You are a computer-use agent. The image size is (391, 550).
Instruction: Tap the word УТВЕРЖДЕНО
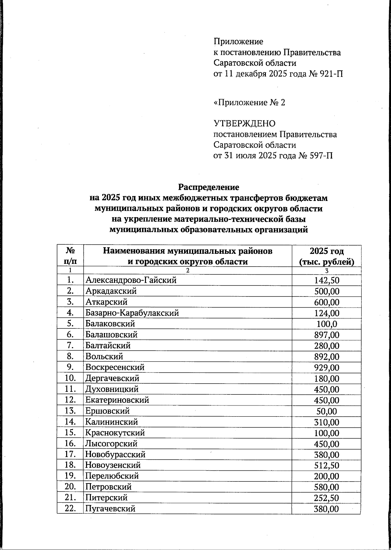click(244, 124)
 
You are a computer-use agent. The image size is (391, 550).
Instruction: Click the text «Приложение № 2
click(249, 103)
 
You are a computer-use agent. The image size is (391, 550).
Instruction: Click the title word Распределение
click(209, 187)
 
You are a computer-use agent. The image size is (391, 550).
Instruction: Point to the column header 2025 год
click(326, 251)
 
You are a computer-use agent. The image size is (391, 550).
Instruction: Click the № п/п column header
click(70, 256)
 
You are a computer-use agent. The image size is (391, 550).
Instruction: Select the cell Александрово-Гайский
click(131, 280)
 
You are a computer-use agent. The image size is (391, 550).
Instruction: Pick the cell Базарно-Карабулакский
click(132, 313)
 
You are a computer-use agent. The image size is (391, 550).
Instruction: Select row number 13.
click(70, 411)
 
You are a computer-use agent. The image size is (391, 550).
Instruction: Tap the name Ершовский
click(108, 411)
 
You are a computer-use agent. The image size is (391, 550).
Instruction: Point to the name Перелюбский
click(112, 476)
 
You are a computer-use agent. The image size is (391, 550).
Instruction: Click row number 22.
click(70, 509)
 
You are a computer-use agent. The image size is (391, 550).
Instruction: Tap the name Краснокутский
click(115, 433)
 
